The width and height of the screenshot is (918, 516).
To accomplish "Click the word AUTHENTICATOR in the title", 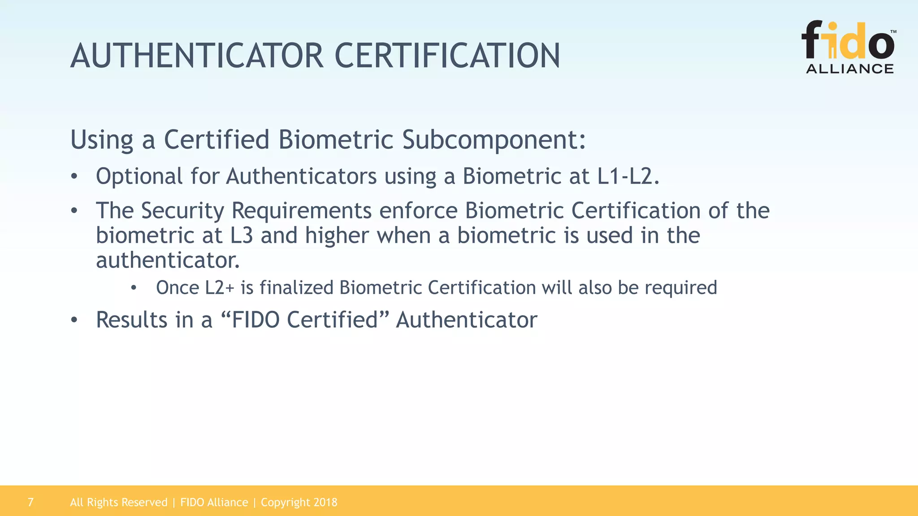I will pos(197,56).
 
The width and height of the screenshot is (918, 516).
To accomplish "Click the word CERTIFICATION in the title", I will pos(447,56).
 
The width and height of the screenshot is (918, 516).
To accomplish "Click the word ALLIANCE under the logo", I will pos(849,69).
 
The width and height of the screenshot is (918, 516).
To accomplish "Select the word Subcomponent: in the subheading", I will pos(494,140).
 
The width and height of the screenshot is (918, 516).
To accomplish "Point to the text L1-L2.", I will pos(628,176).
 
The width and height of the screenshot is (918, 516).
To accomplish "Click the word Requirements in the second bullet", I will pos(301,211).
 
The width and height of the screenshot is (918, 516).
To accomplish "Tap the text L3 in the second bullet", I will pos(242,236).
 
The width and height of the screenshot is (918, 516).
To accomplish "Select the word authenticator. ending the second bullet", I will pos(168,261).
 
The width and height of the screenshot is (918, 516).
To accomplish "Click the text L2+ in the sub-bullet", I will pos(220,288).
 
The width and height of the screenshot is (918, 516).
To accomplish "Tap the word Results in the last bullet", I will pos(131,320).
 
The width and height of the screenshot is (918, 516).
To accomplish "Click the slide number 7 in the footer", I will pos(30,502).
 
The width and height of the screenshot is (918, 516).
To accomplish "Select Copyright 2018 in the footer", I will pos(299,503).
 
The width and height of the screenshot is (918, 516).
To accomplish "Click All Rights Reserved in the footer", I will pos(118,503).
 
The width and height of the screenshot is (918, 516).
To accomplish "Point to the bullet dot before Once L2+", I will pos(133,288).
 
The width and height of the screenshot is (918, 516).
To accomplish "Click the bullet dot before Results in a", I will pos(74,320).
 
